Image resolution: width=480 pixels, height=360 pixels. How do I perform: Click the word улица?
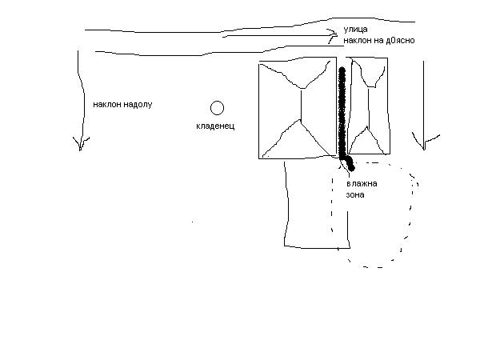pos(356,28)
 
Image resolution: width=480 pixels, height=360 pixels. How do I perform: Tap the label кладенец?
pos(216,126)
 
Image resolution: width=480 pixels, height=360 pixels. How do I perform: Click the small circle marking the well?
pos(217,107)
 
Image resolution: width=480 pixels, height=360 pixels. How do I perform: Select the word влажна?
pos(362,183)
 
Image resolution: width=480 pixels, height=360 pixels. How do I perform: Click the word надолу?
pos(136,104)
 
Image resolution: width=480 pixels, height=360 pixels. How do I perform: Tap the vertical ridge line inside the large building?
pos(301,104)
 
